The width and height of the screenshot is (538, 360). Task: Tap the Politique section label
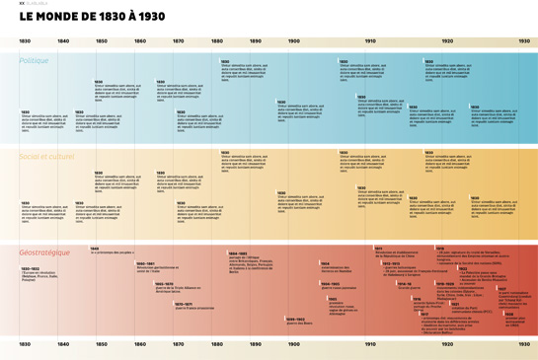tap(34, 60)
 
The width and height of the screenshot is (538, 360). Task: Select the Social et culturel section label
tap(46, 156)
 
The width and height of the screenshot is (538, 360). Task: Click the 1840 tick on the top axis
tap(63, 41)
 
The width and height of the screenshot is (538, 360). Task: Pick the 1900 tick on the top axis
tap(293, 41)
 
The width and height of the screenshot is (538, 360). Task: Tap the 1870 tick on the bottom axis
tap(178, 345)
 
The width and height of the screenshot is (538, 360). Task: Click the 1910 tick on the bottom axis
tap(370, 345)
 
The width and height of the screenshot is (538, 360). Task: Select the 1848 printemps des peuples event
tap(111, 251)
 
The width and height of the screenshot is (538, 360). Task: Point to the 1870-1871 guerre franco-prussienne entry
tap(192, 306)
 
